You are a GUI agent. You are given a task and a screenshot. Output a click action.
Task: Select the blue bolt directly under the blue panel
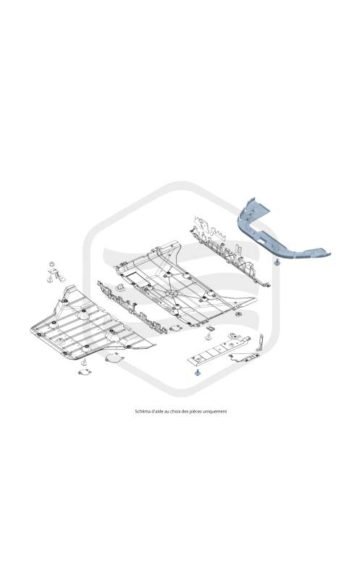[x=276, y=263]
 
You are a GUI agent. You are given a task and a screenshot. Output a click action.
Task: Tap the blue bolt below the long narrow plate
[x=197, y=372]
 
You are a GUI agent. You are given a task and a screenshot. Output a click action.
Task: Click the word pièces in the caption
[x=195, y=411]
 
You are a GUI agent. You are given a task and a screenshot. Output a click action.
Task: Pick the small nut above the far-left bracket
[x=51, y=264]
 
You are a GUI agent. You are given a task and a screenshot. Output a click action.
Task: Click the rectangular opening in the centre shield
[x=138, y=279]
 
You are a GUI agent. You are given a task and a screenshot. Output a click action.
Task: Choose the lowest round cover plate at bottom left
[x=85, y=372]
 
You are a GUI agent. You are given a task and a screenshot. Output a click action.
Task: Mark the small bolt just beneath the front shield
[x=84, y=361]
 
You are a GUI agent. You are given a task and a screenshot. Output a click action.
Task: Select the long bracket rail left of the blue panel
[x=229, y=251]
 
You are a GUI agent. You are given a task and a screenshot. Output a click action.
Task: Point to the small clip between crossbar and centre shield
[x=120, y=287]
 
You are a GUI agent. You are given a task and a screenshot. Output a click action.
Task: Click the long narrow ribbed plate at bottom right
[x=219, y=349]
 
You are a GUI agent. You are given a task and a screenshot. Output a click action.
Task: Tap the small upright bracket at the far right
[x=260, y=342]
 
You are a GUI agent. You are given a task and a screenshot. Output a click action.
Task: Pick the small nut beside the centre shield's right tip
[x=239, y=314]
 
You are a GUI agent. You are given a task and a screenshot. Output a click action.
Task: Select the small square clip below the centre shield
[x=211, y=329]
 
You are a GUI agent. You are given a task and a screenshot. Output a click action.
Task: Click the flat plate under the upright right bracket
[x=244, y=357]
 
